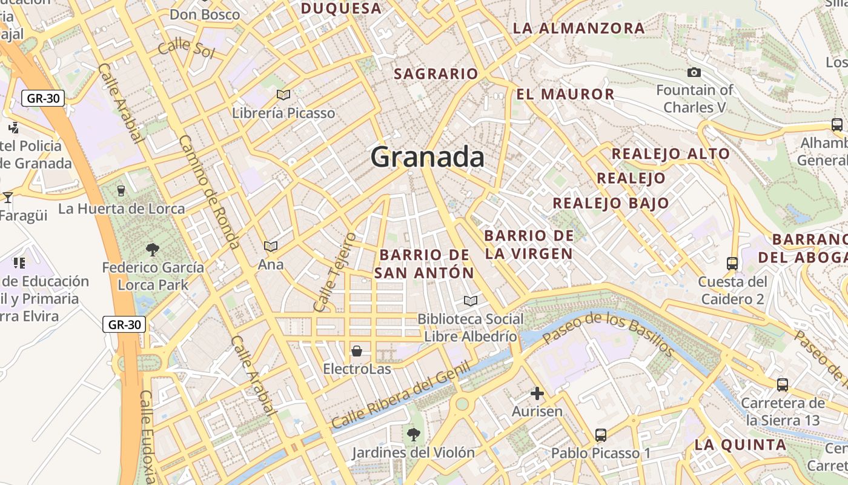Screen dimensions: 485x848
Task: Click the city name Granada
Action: [x=427, y=157]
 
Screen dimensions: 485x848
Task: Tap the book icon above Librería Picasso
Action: [x=283, y=95]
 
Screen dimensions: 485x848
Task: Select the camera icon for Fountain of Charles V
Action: [x=694, y=73]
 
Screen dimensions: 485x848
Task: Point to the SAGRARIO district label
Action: [x=436, y=74]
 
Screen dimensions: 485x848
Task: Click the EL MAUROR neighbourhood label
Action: [x=565, y=94]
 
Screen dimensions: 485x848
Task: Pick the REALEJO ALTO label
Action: [x=671, y=153]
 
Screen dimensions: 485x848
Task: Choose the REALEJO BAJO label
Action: [x=611, y=203]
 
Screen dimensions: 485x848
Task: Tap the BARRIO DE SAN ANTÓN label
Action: [x=424, y=264]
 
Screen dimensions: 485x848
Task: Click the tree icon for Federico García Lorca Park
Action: [x=152, y=249]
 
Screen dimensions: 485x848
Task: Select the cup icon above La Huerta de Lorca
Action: [x=121, y=190]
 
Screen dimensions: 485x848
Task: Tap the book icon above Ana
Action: [x=270, y=246]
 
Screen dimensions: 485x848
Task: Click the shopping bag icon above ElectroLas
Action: [x=357, y=351]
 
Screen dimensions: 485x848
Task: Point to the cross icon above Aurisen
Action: [x=537, y=393]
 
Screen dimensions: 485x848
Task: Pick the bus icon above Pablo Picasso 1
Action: [x=601, y=435]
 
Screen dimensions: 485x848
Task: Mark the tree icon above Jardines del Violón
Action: [x=414, y=434]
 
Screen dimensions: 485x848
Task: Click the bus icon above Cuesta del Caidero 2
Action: [x=732, y=264]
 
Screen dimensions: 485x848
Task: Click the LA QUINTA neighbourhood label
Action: [x=740, y=444]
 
